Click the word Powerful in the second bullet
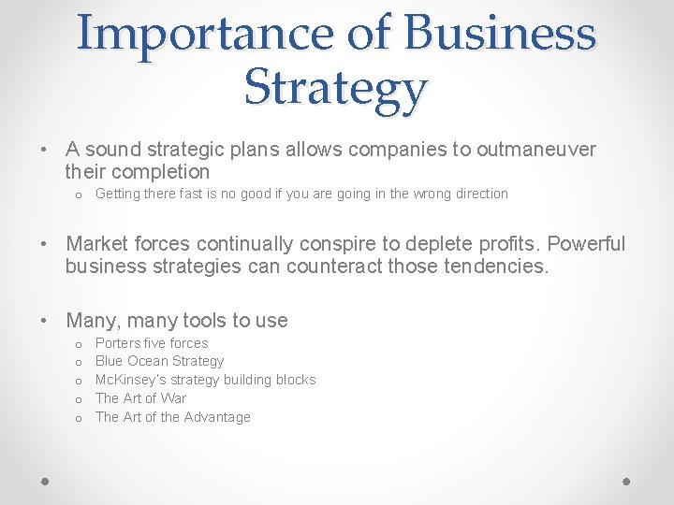(586, 244)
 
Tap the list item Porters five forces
(152, 343)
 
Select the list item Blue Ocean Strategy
(160, 361)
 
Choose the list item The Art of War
(140, 398)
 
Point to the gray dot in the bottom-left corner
(45, 480)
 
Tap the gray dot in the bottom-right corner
(627, 480)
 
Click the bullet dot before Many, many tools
(45, 321)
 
